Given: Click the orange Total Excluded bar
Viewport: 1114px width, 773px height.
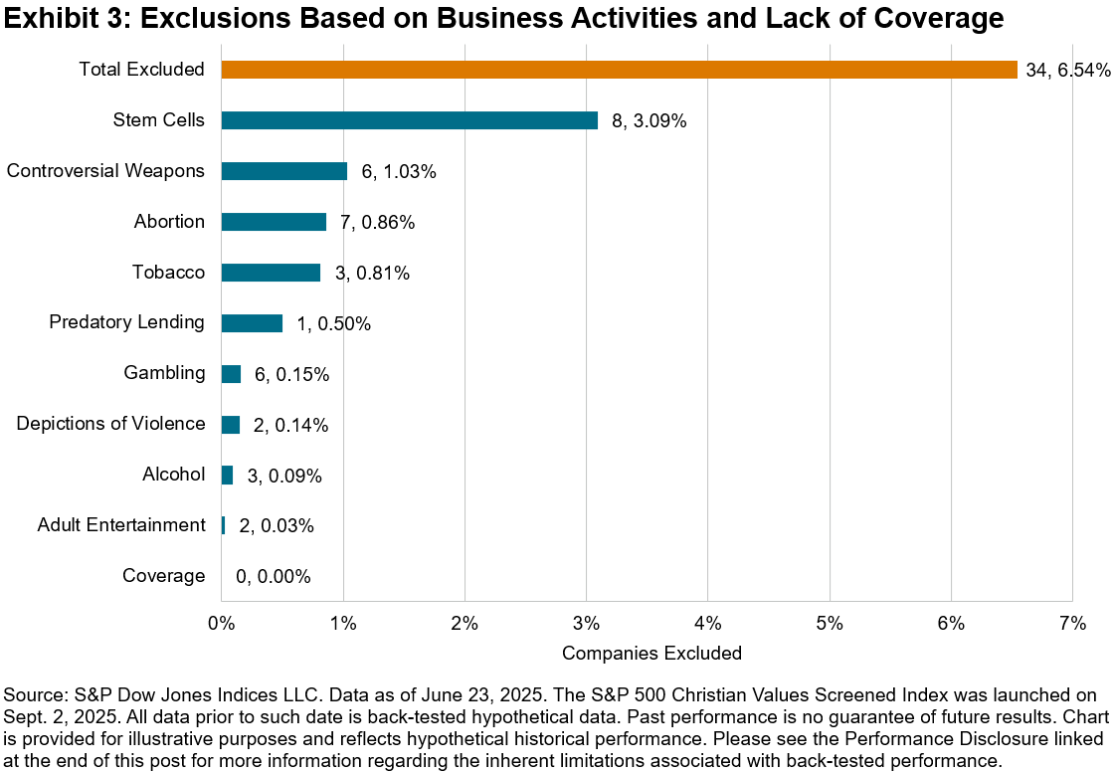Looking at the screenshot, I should (619, 70).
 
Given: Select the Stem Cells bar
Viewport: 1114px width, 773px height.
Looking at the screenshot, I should (409, 120).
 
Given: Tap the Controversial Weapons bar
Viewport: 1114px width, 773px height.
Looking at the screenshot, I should (283, 171).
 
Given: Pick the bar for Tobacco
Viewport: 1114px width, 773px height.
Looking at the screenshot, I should (271, 273).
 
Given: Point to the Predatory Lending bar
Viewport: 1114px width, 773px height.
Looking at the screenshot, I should (252, 323).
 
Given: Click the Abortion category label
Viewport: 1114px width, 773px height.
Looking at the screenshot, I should (169, 222).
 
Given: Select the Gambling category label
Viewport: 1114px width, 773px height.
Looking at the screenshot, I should (164, 373).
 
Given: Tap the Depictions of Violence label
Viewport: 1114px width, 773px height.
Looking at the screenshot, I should (110, 424).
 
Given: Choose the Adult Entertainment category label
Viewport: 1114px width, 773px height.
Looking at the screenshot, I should (121, 524).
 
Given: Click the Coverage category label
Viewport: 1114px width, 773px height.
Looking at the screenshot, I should (163, 576).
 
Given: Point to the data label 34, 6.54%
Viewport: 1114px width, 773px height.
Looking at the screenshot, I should (1068, 70).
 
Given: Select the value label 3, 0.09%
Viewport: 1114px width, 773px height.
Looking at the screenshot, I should (284, 476).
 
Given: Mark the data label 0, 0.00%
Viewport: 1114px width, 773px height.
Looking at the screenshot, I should (274, 576).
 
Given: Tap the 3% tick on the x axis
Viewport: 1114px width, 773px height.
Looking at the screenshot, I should (586, 624).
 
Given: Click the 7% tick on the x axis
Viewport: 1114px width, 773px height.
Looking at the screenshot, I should (1072, 624).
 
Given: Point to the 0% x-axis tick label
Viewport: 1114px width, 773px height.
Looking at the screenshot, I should (221, 624).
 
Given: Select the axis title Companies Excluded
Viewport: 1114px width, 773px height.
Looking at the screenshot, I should (651, 654).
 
